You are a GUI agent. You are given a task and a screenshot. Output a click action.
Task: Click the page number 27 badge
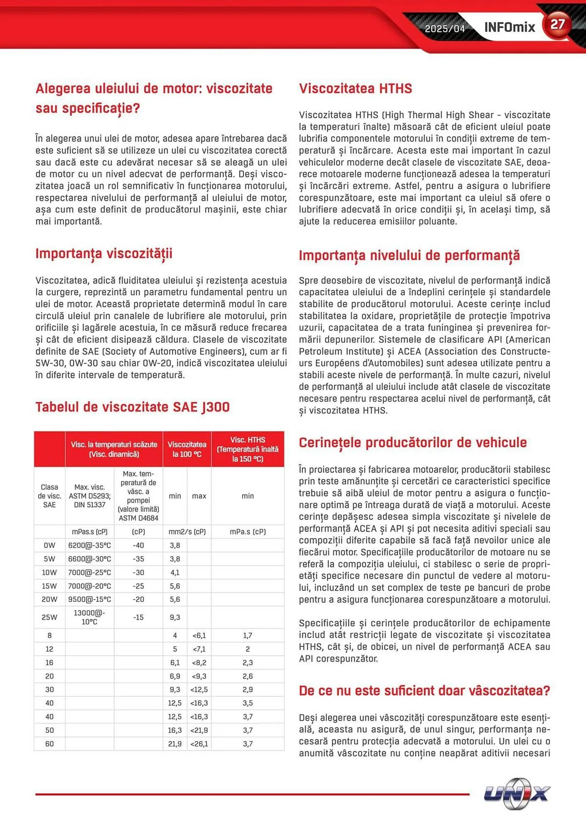[557, 24]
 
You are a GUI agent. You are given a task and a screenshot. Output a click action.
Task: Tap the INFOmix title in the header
[509, 27]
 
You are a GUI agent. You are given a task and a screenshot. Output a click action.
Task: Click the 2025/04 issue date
[445, 29]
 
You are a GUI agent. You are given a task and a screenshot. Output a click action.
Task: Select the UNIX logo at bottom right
[516, 793]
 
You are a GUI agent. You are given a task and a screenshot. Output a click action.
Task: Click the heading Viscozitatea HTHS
[355, 88]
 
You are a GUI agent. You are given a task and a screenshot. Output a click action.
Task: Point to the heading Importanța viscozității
[104, 253]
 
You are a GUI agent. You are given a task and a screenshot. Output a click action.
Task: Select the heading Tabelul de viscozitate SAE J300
[132, 407]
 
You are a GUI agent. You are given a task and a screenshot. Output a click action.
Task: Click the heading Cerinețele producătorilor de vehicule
[412, 442]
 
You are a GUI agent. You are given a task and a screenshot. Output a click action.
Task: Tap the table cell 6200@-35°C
[90, 545]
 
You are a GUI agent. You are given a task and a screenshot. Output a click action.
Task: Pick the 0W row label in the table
[49, 545]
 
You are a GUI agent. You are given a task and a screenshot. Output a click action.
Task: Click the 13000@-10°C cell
[90, 617]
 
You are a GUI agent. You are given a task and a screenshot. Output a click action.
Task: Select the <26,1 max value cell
[199, 744]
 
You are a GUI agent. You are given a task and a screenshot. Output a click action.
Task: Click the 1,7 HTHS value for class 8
[247, 635]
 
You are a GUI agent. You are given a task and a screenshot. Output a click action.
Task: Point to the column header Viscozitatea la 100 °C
[187, 449]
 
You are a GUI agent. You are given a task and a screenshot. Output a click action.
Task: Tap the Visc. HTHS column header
[247, 449]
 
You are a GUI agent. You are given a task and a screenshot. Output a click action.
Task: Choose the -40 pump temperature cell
[138, 545]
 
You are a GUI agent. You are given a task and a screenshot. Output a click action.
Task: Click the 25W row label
[49, 617]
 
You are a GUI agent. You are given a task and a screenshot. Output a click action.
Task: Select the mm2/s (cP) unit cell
[187, 531]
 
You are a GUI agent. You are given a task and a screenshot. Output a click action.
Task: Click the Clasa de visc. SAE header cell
[49, 496]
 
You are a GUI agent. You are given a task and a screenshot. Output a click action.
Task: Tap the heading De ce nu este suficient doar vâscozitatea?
[424, 691]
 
